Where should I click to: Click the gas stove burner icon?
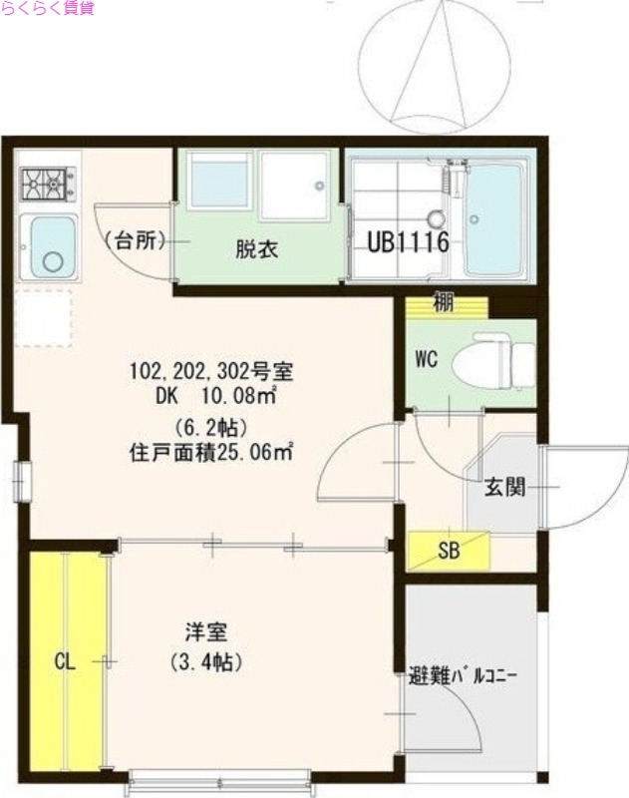[x=45, y=183]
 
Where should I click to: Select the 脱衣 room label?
[x=256, y=249]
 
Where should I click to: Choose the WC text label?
[x=429, y=359]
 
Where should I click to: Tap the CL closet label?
[x=65, y=660]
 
